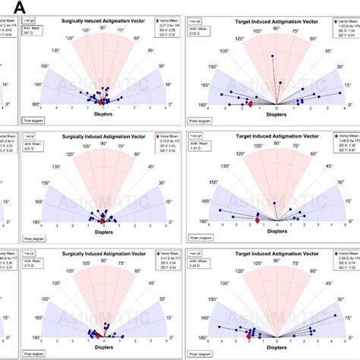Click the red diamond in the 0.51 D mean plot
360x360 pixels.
pyautogui.click(x=101, y=219)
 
